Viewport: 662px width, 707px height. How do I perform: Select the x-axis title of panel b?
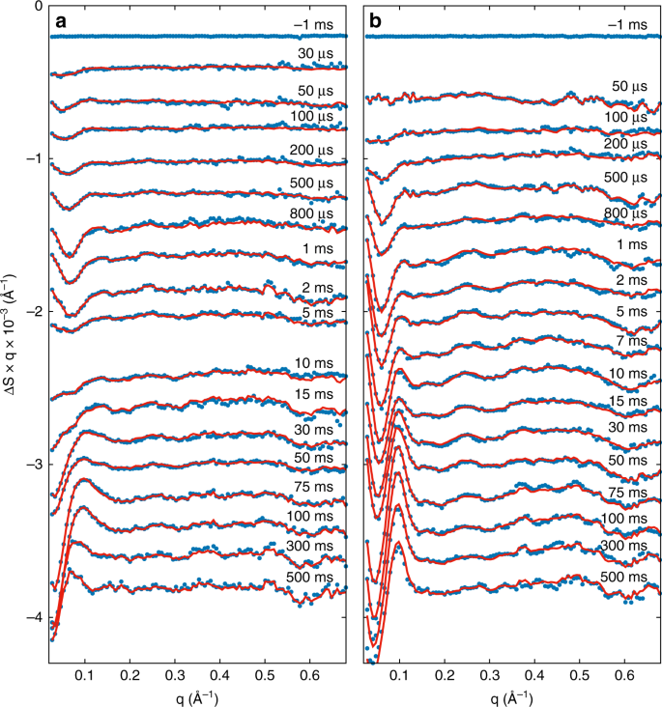pyautogui.click(x=511, y=697)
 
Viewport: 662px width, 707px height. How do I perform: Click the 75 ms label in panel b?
pyautogui.click(x=630, y=492)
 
